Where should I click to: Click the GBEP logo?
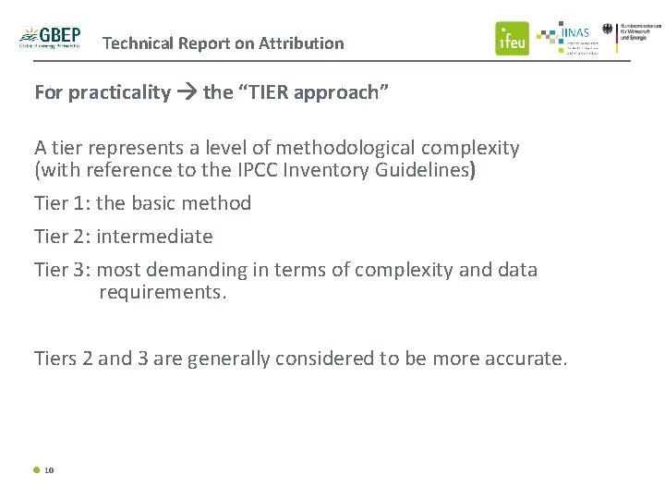(x=50, y=38)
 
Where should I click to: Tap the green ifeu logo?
(x=512, y=38)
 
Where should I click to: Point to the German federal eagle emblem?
(x=608, y=30)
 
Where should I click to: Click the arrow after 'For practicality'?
(x=187, y=92)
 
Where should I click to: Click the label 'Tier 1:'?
(x=62, y=203)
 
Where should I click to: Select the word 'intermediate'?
(x=154, y=237)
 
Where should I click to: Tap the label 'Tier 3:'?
(x=62, y=270)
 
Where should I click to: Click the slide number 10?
(x=49, y=470)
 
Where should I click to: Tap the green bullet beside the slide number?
(x=37, y=469)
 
